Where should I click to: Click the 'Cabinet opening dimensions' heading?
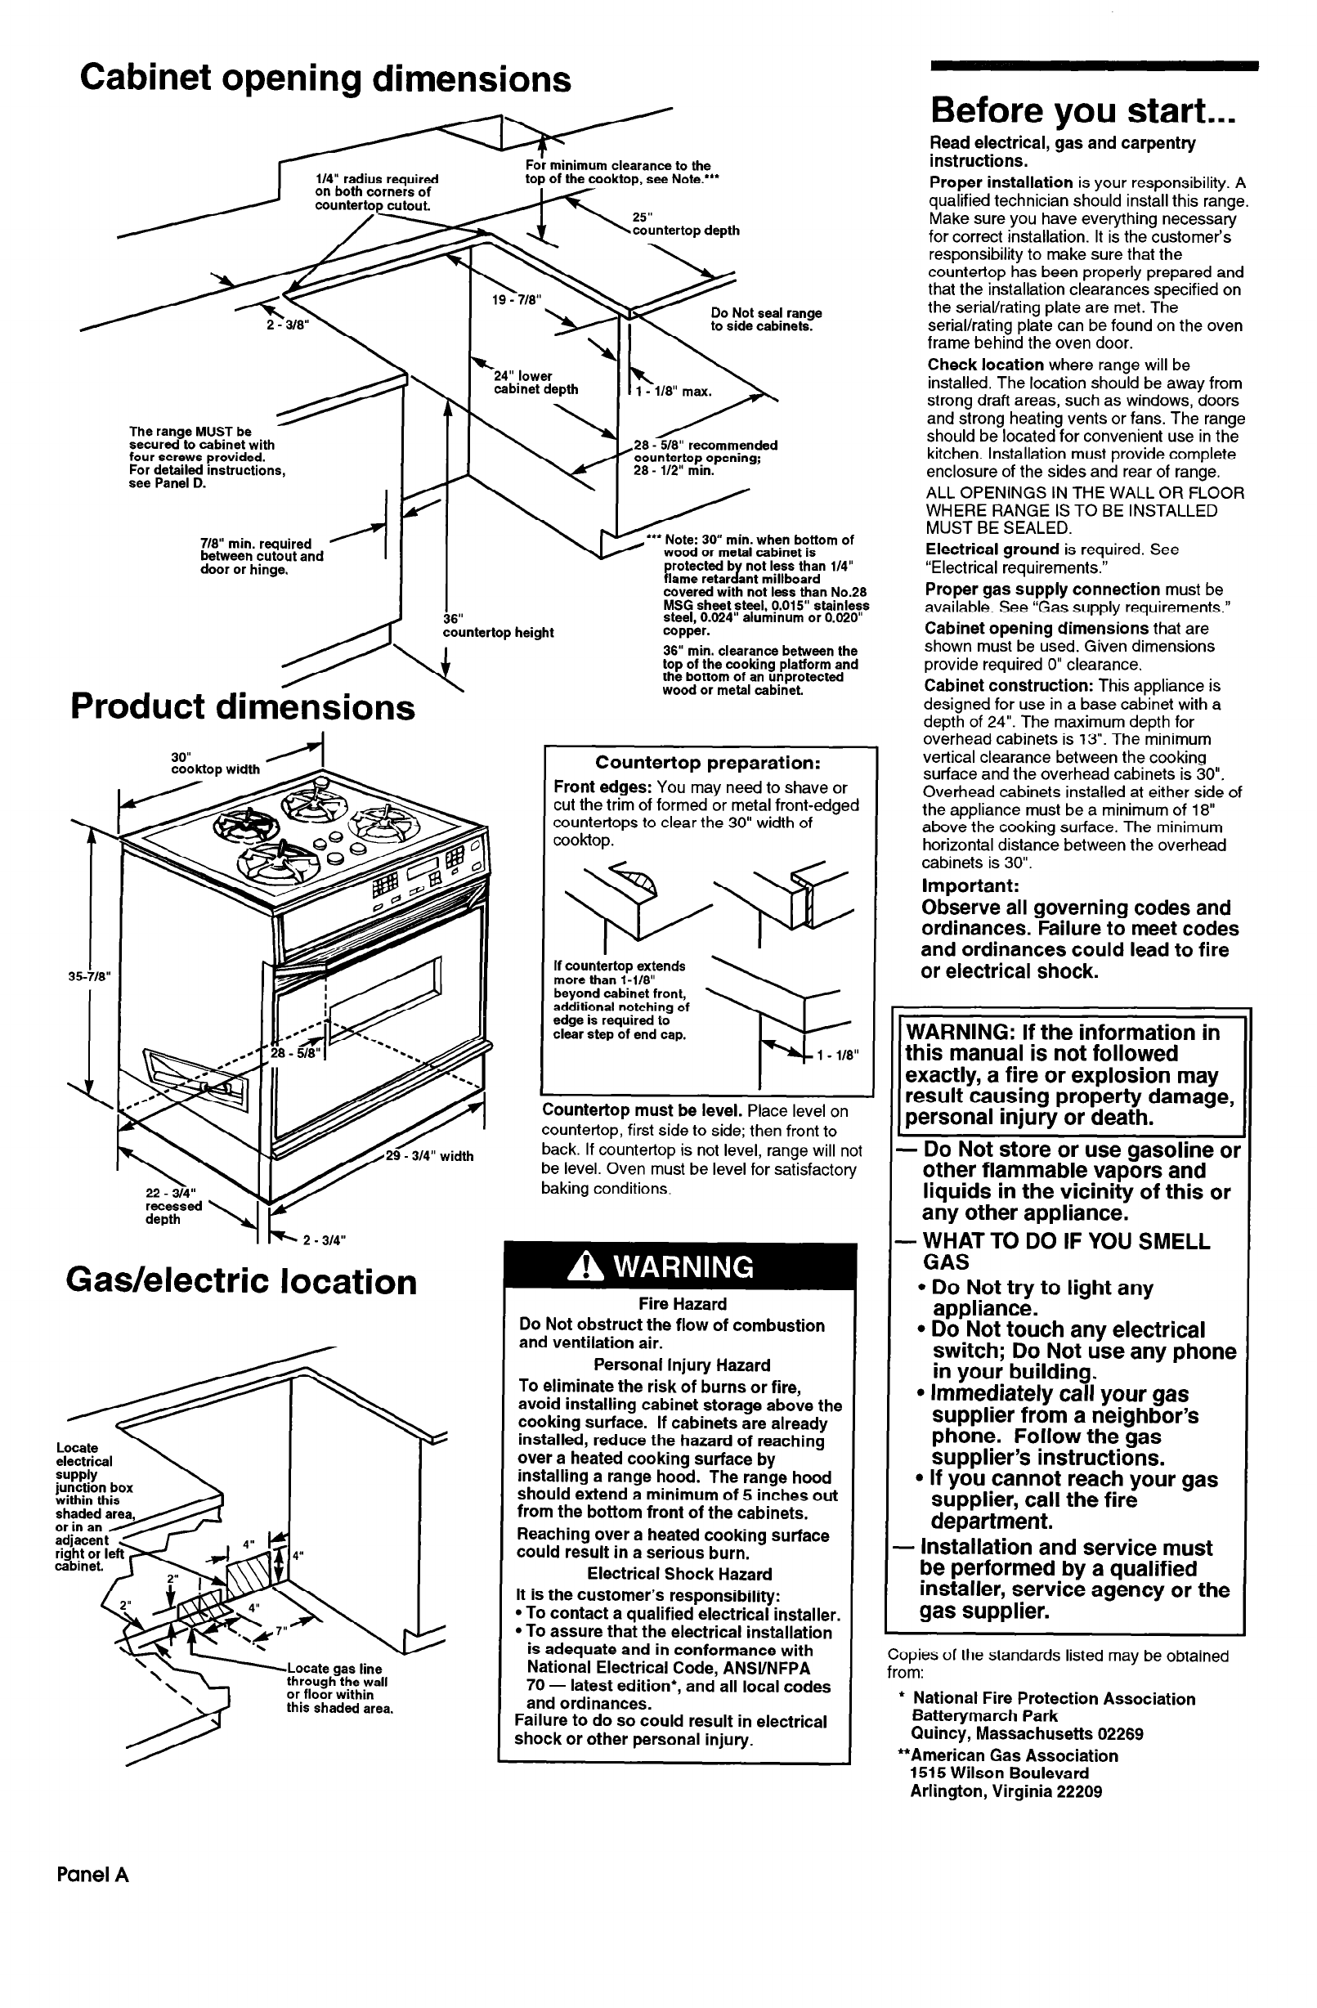(x=325, y=80)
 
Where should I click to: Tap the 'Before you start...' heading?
(x=1082, y=110)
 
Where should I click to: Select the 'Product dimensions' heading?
(x=243, y=707)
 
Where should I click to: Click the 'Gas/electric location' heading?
(x=241, y=1282)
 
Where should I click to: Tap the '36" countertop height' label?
(x=498, y=627)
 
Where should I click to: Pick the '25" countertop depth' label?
(x=685, y=224)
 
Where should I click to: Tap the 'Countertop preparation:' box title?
(x=708, y=763)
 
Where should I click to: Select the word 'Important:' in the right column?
(x=970, y=886)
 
